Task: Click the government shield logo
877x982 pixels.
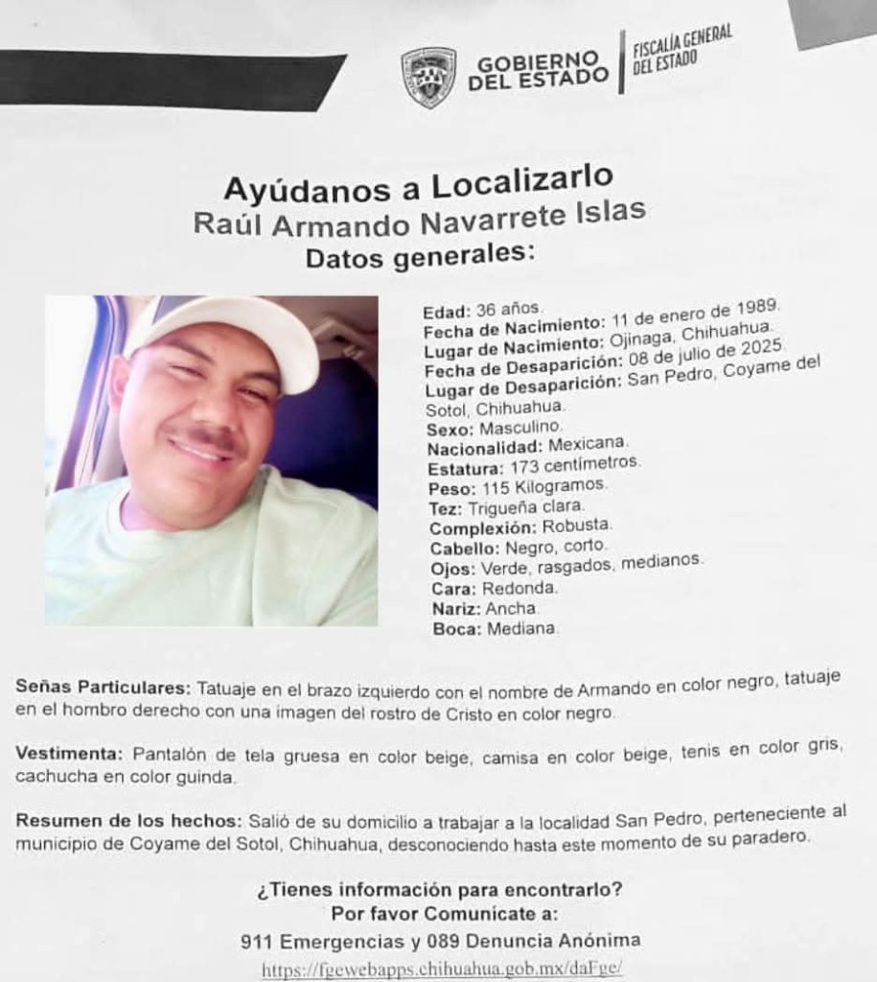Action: tap(427, 77)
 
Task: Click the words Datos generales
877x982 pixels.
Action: tap(417, 255)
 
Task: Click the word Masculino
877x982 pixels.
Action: tap(518, 426)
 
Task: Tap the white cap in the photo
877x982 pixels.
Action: tap(230, 335)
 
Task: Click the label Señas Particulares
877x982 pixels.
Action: tap(104, 690)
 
